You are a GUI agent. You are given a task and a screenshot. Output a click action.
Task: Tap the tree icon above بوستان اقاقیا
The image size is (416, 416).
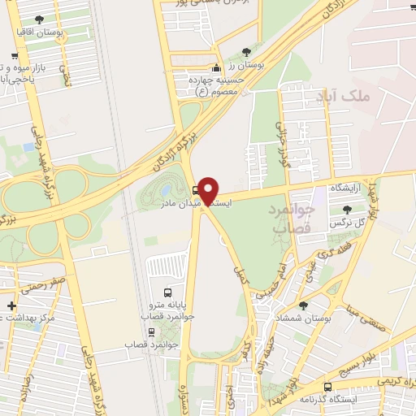(41, 19)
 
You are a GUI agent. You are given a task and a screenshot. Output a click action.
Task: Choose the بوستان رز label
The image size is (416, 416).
(246, 64)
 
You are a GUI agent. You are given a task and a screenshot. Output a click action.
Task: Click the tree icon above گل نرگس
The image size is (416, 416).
(347, 210)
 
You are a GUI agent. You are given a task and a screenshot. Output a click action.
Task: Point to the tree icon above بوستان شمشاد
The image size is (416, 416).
(303, 305)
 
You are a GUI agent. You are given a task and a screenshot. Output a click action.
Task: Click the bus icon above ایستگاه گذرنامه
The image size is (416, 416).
(327, 387)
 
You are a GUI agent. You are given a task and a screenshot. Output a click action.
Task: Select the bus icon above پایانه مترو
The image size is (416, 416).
(167, 292)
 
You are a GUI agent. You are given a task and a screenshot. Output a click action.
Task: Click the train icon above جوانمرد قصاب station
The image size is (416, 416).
(151, 331)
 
